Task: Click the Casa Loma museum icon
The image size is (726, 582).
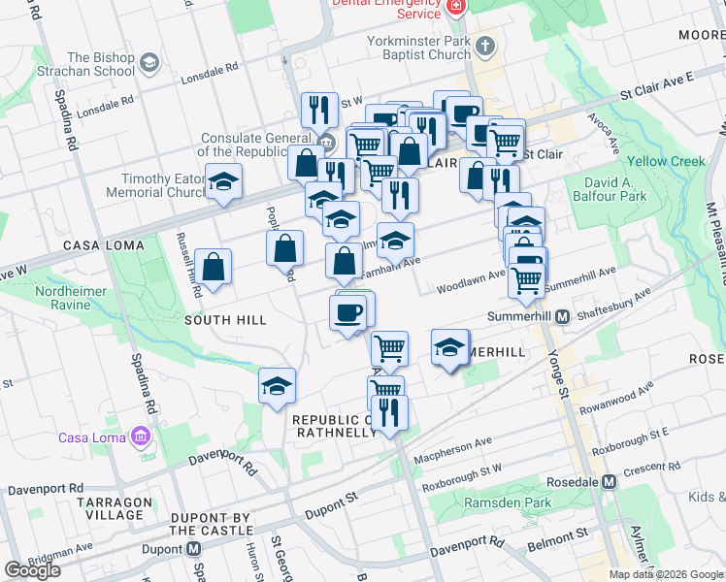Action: [x=142, y=436]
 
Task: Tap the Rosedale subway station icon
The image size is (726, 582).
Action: [x=610, y=480]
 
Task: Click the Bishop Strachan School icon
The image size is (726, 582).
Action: [x=149, y=64]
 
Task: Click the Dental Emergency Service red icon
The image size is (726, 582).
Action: [x=457, y=7]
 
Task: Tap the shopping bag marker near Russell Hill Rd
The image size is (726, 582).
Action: [x=213, y=267]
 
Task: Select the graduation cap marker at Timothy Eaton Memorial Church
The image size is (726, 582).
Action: [x=223, y=182]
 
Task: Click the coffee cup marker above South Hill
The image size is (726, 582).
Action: [x=347, y=312]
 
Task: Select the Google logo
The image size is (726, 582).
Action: [x=32, y=570]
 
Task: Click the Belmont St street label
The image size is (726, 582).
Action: [x=556, y=533]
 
